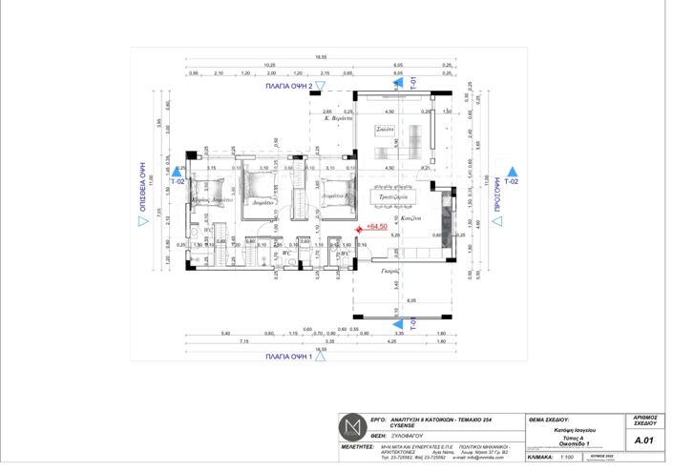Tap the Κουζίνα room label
tap(411, 218)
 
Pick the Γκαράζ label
tap(389, 270)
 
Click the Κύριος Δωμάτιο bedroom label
tap(212, 201)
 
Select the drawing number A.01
tap(643, 440)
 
